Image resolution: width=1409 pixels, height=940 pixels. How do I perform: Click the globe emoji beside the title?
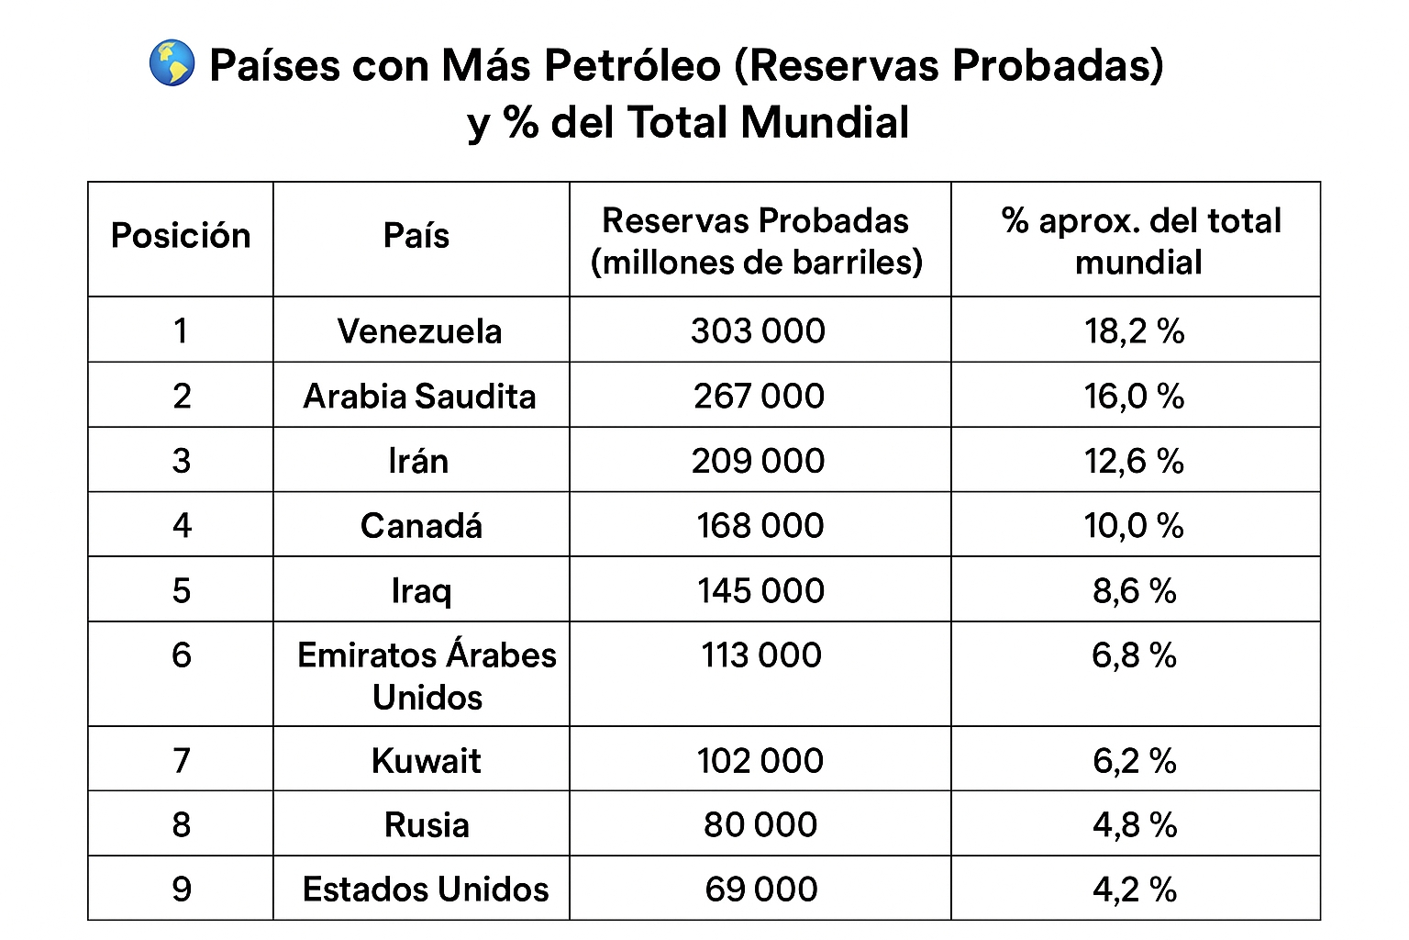[x=172, y=63]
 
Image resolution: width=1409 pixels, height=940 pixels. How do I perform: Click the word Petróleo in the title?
[x=632, y=66]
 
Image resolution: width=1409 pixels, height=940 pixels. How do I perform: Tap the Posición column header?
[x=181, y=237]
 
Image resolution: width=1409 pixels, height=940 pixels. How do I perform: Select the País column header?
[x=416, y=237]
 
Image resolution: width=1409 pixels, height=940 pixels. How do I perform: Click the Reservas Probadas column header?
[x=757, y=241]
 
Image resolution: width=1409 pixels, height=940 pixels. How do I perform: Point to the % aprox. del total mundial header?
[x=1140, y=241]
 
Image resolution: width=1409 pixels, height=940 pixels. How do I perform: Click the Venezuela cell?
[x=419, y=331]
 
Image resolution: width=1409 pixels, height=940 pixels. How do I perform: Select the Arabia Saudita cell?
[x=419, y=397]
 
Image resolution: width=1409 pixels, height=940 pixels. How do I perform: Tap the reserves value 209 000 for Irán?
[x=759, y=461]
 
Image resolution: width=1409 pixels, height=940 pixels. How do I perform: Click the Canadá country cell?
[x=421, y=526]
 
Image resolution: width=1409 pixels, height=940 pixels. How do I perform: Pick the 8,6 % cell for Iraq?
[x=1134, y=590]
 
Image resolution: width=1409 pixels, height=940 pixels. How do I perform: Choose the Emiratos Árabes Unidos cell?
[x=427, y=676]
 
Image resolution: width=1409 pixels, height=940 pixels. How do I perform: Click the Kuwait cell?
[x=426, y=761]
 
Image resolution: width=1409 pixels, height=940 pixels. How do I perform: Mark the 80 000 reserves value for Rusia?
[x=760, y=825]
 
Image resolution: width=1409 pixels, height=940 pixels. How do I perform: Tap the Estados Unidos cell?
[x=426, y=890]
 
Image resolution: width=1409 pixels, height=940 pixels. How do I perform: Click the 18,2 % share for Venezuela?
[x=1134, y=331]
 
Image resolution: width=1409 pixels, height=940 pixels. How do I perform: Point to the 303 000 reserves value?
[x=759, y=331]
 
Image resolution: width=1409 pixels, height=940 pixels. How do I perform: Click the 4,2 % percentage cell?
[x=1134, y=890]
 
